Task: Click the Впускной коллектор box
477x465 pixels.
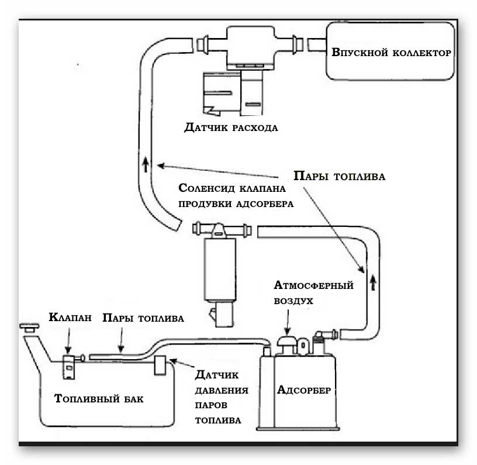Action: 390,51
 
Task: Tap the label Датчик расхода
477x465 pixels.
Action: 230,127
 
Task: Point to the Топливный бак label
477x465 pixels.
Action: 98,399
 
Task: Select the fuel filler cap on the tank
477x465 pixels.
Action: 28,327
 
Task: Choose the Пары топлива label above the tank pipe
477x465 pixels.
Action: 143,318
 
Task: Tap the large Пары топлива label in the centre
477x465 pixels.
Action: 339,176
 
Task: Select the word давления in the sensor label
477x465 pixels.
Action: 222,390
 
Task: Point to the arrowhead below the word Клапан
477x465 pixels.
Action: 70,352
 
